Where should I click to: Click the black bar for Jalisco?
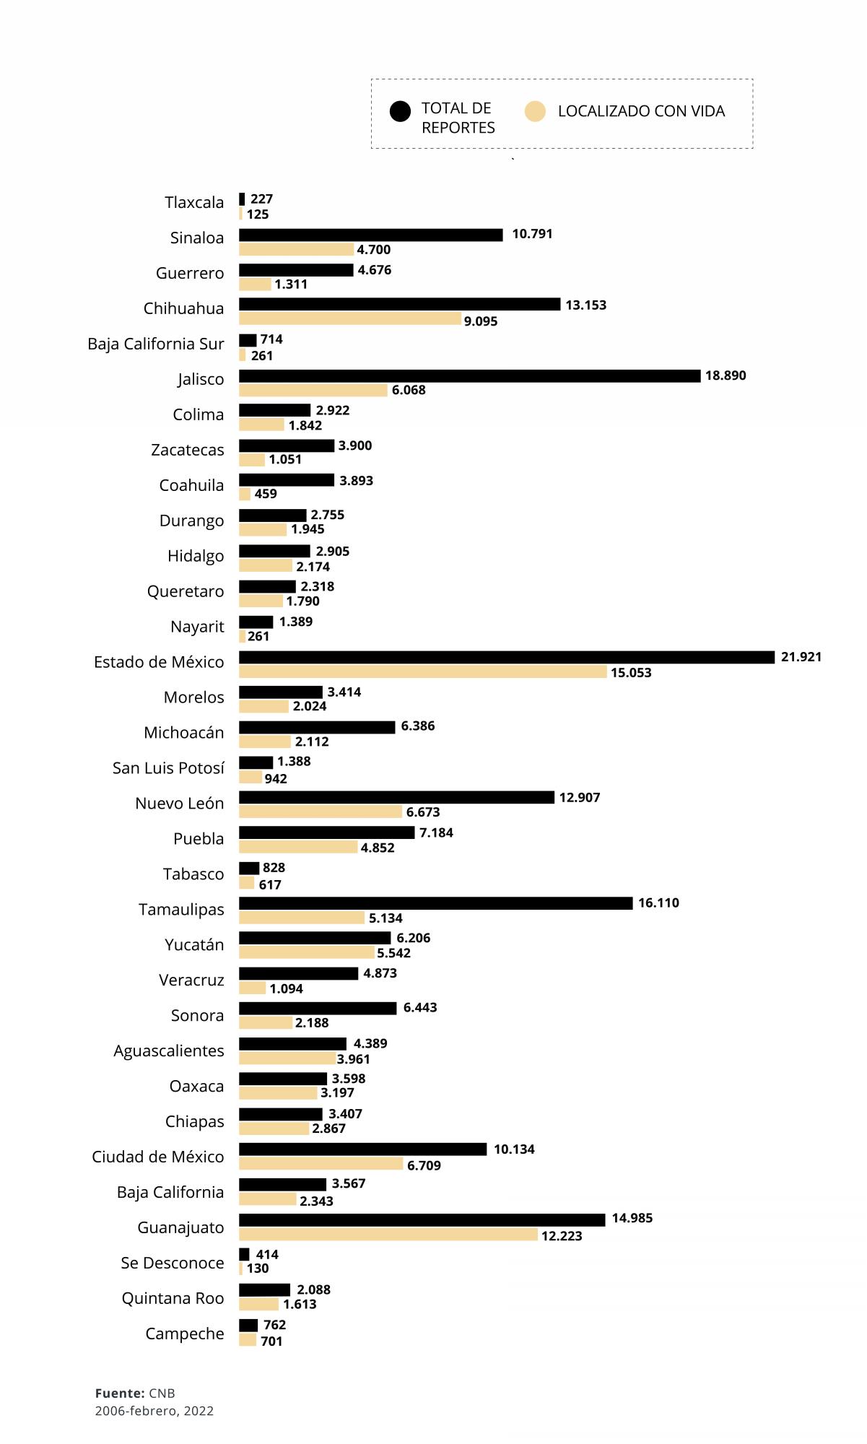coord(469,376)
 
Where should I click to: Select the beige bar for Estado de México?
coord(422,672)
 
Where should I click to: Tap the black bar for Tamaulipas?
coord(435,903)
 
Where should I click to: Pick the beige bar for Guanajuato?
coord(388,1235)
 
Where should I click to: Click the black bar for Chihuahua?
coord(399,305)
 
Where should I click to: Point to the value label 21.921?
coord(801,657)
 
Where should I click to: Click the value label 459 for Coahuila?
coord(266,494)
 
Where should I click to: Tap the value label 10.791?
coord(532,234)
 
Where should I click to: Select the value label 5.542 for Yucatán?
coord(393,953)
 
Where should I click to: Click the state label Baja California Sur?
coord(156,344)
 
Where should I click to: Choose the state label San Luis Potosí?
coord(168,768)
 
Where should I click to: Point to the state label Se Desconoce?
coord(173,1263)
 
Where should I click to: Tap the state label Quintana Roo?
coord(173,1298)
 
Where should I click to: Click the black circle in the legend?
coord(400,112)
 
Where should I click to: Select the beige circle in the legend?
coord(535,112)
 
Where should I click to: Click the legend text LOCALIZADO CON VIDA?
coord(641,111)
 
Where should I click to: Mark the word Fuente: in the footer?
coord(120,1393)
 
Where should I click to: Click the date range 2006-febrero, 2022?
coord(154,1411)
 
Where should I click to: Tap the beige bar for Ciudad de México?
coord(321,1164)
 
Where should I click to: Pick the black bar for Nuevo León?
coord(396,798)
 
